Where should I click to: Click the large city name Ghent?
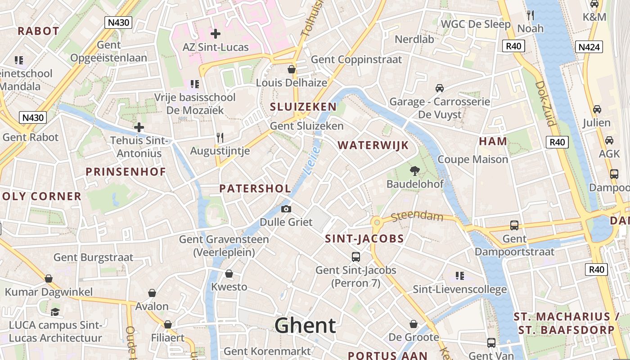pyautogui.click(x=305, y=325)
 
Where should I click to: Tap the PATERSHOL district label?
pyautogui.click(x=255, y=189)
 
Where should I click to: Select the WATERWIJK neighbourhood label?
pyautogui.click(x=373, y=145)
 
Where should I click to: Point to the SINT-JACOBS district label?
pyautogui.click(x=364, y=239)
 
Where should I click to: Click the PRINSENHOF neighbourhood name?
pyautogui.click(x=126, y=172)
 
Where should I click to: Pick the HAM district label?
pyautogui.click(x=493, y=141)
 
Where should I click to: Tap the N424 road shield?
pyautogui.click(x=589, y=47)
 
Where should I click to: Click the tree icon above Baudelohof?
pyautogui.click(x=414, y=171)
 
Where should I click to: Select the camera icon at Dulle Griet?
pyautogui.click(x=286, y=209)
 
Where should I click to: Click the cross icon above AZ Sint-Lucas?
pyautogui.click(x=215, y=34)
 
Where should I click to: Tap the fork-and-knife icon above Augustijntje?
pyautogui.click(x=220, y=138)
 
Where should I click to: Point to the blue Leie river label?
pyautogui.click(x=311, y=161)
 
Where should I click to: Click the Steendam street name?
pyautogui.click(x=417, y=216)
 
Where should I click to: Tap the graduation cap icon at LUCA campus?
pyautogui.click(x=55, y=312)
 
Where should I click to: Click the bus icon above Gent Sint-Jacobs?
pyautogui.click(x=355, y=257)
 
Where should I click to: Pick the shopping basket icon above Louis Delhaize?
pyautogui.click(x=292, y=69)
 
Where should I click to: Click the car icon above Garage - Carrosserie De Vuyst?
pyautogui.click(x=439, y=88)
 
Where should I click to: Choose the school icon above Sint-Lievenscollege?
pyautogui.click(x=459, y=275)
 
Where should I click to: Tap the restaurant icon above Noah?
pyautogui.click(x=530, y=15)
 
